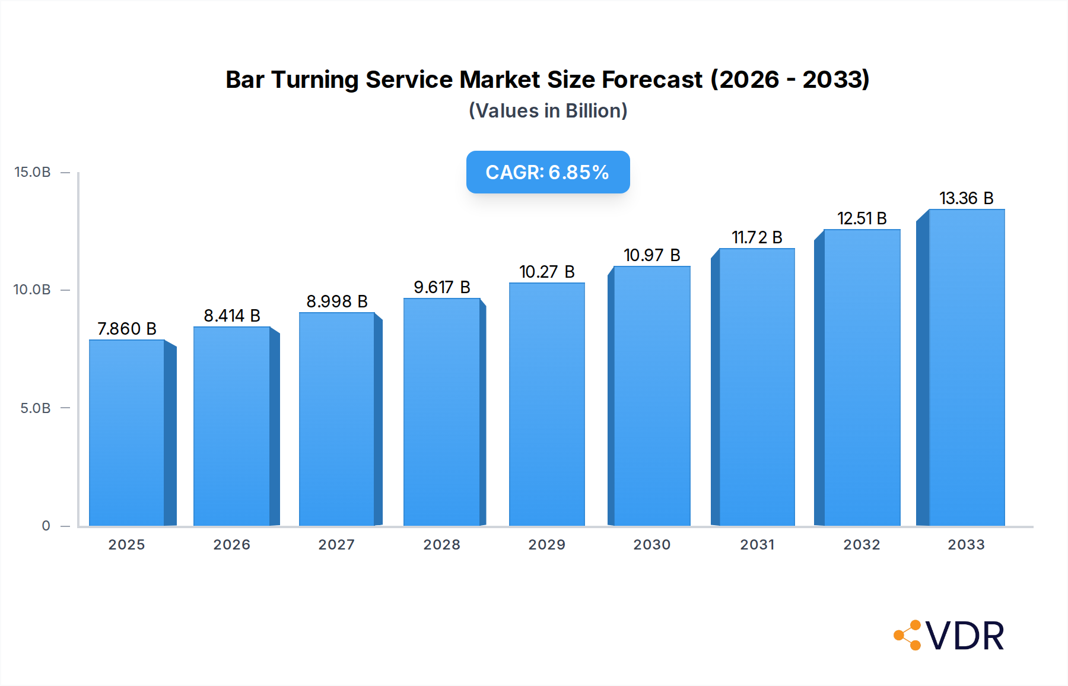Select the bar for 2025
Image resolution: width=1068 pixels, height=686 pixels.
tap(127, 433)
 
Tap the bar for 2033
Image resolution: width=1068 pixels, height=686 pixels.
tap(967, 368)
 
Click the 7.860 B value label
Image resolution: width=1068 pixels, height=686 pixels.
tap(127, 329)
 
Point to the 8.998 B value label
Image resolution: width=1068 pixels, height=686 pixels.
tap(337, 301)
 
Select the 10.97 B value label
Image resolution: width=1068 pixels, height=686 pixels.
tap(651, 255)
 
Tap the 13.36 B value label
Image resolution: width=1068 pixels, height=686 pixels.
tap(966, 198)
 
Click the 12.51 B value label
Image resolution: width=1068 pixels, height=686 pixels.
tap(862, 218)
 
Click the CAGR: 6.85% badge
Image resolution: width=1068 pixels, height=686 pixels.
tap(548, 172)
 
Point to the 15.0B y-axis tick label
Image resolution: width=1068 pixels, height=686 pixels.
tap(33, 172)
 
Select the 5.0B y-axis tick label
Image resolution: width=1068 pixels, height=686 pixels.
tap(36, 408)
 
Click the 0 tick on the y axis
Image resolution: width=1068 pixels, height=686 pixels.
tap(46, 526)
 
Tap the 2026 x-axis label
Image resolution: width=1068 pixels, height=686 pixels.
tap(232, 545)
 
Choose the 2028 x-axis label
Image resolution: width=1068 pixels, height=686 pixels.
tap(442, 545)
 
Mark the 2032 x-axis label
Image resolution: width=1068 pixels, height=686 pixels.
tap(862, 545)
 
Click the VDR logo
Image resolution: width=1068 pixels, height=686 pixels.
tap(949, 636)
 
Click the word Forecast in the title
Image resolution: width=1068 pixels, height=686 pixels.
tap(652, 80)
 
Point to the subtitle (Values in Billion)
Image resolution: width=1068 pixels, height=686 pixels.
tap(548, 111)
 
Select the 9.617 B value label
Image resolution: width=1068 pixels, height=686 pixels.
tap(442, 287)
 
